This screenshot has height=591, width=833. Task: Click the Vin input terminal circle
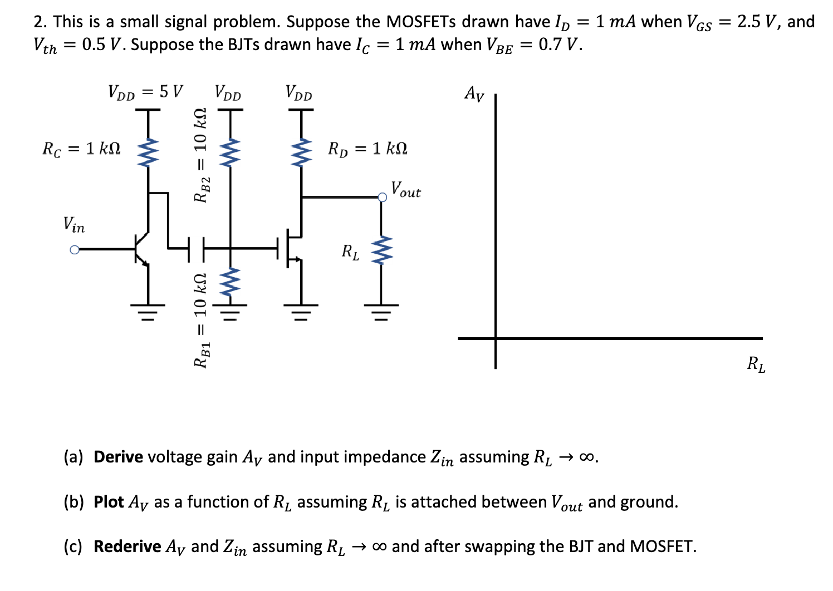(x=74, y=250)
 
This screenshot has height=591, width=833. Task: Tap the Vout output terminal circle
(x=381, y=197)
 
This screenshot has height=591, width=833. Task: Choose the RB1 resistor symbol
(x=229, y=282)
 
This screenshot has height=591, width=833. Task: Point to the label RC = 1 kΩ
(x=81, y=149)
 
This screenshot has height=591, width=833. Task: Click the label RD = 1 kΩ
(x=367, y=149)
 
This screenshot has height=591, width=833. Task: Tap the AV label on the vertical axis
(x=474, y=93)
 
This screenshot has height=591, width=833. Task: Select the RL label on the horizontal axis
(x=756, y=365)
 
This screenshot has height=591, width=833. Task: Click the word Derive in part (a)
(x=118, y=457)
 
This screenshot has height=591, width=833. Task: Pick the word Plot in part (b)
(x=109, y=502)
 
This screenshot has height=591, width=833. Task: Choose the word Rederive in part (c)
(x=127, y=546)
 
